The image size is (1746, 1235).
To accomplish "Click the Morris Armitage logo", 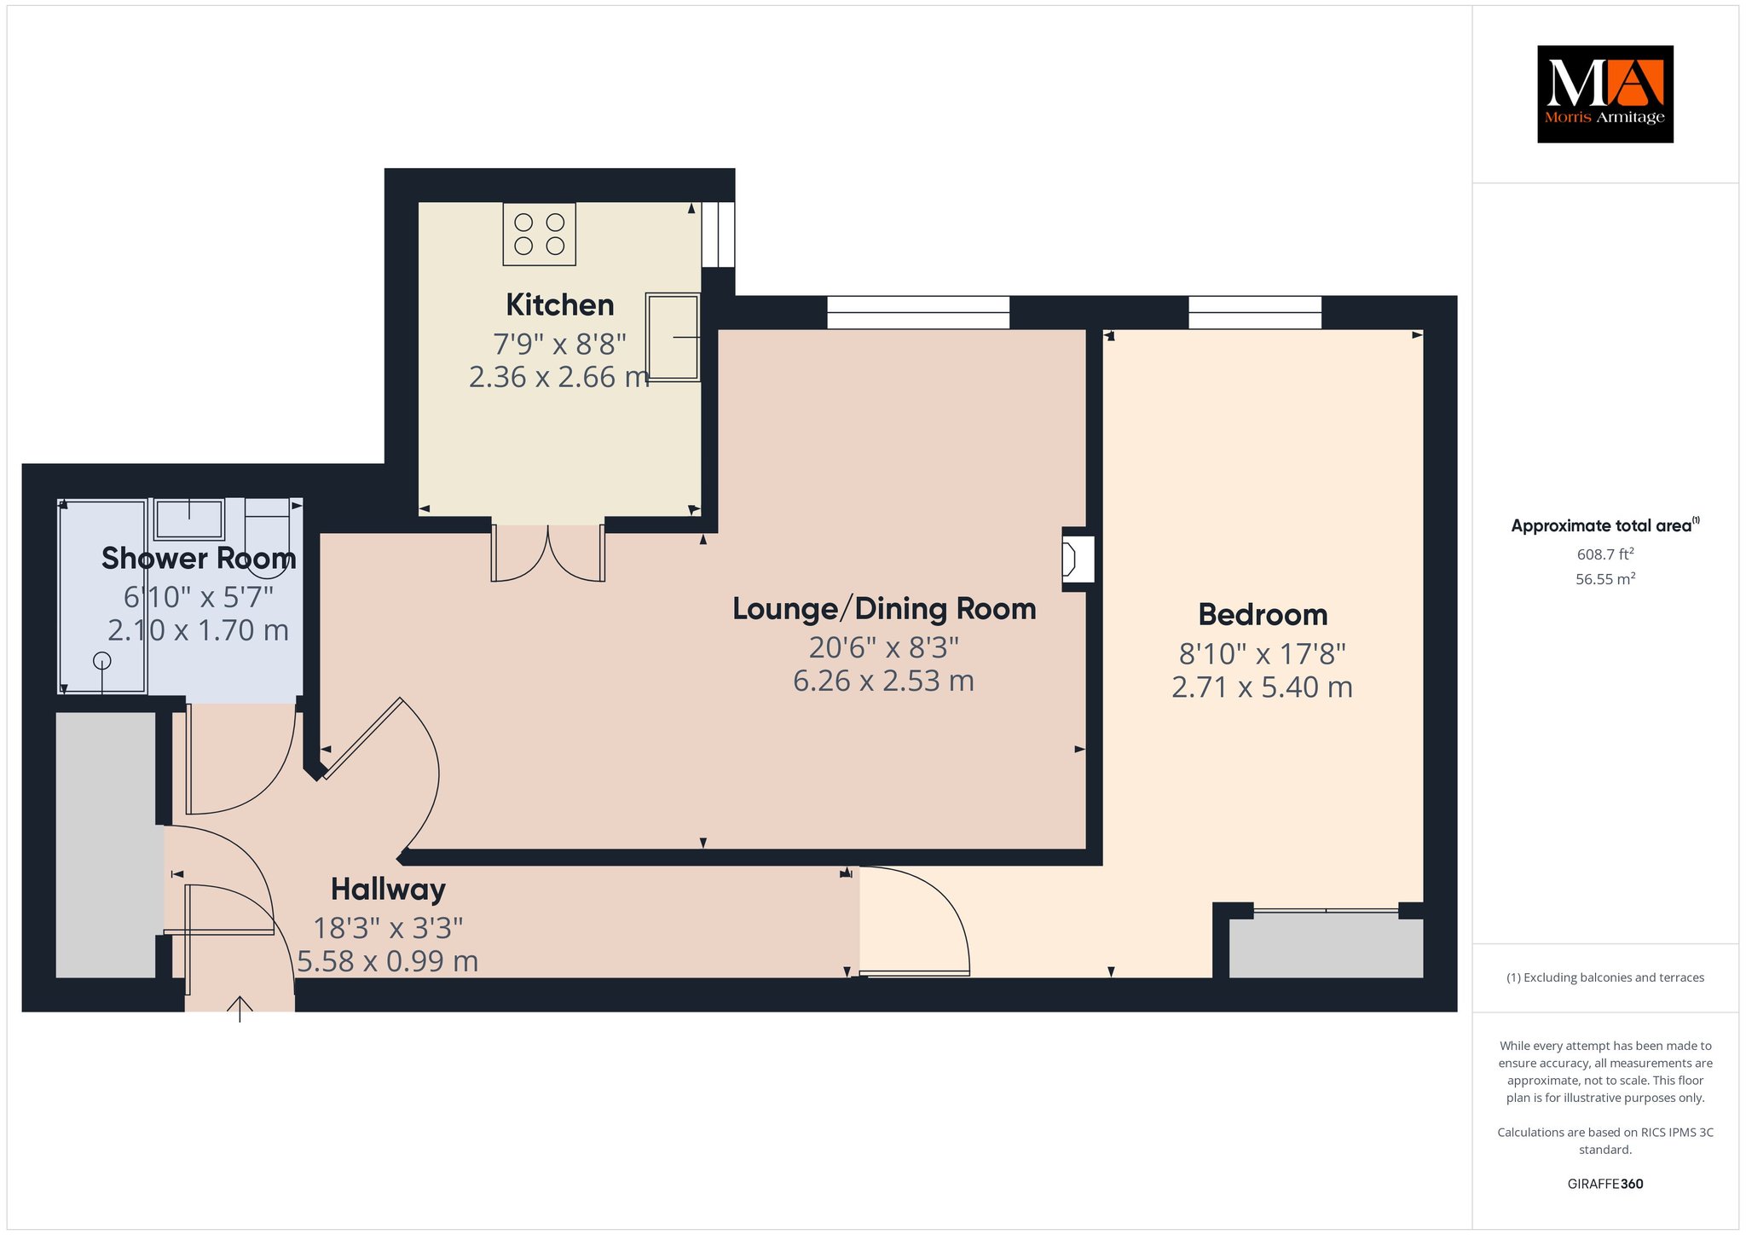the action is [x=1604, y=94].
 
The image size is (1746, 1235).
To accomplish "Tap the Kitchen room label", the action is [x=560, y=304].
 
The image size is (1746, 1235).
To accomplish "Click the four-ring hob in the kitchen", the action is [x=540, y=234].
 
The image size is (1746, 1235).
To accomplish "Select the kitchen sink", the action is [x=673, y=337].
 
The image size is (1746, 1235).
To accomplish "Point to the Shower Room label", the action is [x=199, y=558].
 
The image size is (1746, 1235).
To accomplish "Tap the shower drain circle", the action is [x=102, y=660].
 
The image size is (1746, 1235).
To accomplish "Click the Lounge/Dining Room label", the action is [x=884, y=609].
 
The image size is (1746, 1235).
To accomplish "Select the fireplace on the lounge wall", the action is [x=1077, y=560].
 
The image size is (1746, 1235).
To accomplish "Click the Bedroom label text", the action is [x=1263, y=614].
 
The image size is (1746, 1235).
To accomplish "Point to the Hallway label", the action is [x=388, y=890].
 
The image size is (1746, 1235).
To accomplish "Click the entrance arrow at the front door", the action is [x=240, y=1009].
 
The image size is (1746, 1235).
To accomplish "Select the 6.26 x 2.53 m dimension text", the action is [x=883, y=681].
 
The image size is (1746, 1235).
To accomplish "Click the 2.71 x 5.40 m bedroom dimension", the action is [x=1262, y=687].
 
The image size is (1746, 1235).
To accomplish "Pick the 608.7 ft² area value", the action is [x=1605, y=554].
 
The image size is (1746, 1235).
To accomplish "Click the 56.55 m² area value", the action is [x=1605, y=578].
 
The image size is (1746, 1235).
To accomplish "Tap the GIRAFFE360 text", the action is [x=1605, y=1184].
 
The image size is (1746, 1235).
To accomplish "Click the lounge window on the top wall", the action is [x=918, y=312].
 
